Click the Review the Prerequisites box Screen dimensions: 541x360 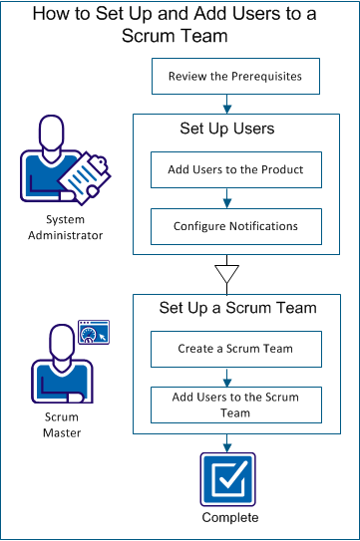234,76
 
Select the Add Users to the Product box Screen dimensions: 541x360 234,169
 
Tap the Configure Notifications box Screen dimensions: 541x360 234,227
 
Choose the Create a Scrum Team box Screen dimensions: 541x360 234,349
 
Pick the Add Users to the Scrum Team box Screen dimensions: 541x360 234,405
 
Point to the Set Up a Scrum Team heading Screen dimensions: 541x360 237,308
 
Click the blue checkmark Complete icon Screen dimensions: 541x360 229,479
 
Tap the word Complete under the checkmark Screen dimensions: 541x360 229,518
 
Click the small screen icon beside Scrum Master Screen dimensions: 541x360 92,333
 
